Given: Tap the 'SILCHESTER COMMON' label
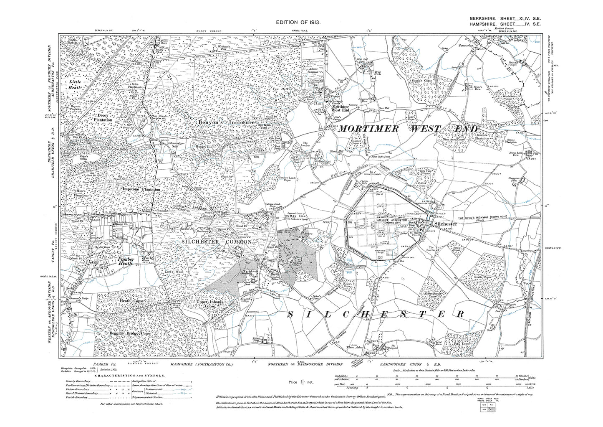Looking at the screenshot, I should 216,242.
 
